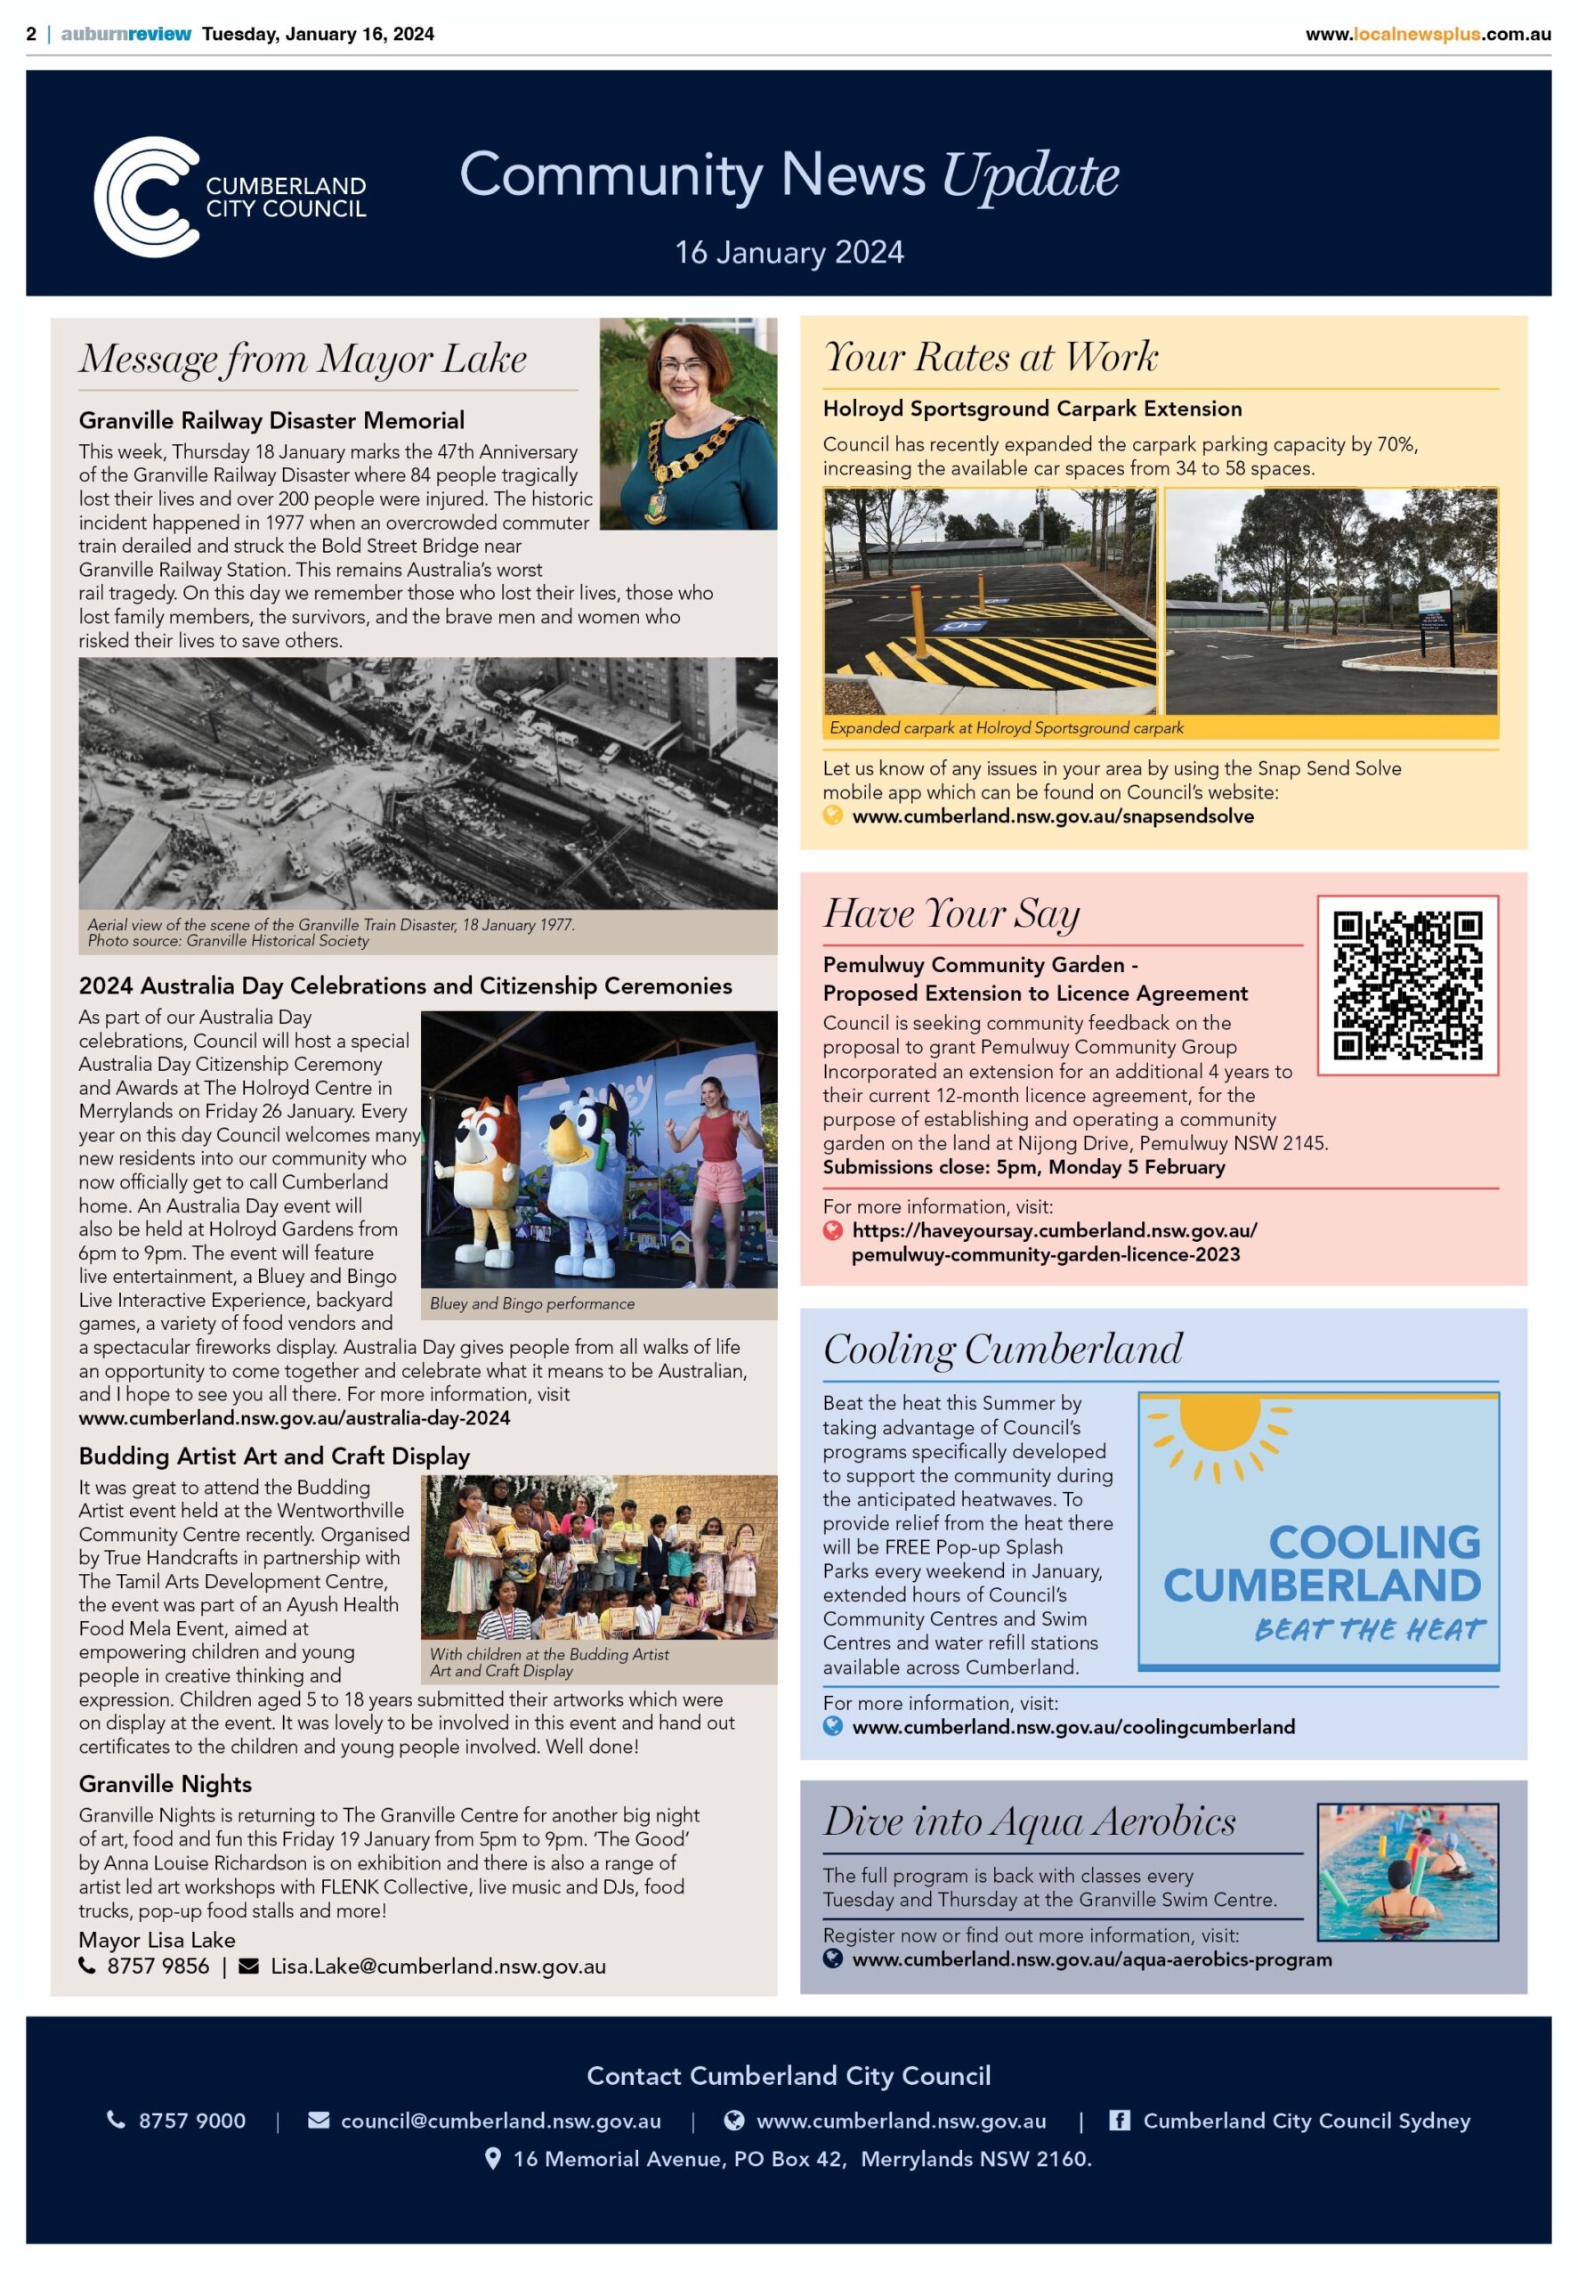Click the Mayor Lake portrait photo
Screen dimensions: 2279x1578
coord(688,423)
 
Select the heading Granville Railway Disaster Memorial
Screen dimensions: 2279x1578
coord(271,420)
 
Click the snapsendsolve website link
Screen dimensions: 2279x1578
coord(1052,815)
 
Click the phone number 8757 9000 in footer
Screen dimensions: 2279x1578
coord(192,2120)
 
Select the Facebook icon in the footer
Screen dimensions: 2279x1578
coord(1120,2120)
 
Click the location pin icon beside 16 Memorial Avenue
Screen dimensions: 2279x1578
coord(492,2159)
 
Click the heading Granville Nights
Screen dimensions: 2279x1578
coord(166,1784)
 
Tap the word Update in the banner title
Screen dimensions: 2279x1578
coord(1031,176)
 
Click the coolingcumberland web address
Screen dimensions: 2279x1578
coord(1072,1726)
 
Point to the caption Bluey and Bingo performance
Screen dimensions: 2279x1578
coord(532,1303)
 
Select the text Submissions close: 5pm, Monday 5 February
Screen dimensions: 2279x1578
coord(1024,1167)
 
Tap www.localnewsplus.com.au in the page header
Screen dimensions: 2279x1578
coord(1428,34)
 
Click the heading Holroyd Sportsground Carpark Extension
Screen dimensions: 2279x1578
coord(1032,409)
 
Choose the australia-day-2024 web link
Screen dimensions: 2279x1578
coord(295,1417)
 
